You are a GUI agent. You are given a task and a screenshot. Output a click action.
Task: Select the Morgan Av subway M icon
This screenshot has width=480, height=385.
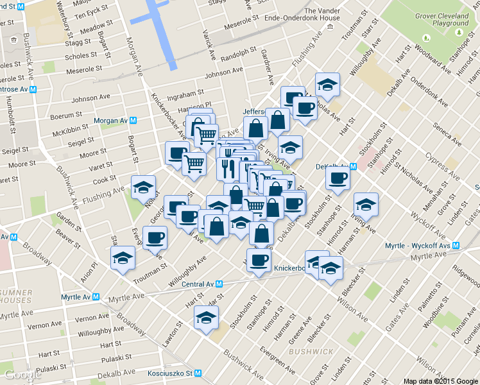[133, 121]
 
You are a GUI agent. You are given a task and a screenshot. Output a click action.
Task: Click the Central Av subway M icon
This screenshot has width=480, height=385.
[219, 284]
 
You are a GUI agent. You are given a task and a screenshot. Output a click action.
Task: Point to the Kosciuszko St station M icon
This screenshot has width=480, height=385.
[198, 373]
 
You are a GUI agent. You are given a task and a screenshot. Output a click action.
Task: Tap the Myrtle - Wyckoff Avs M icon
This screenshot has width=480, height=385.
[456, 246]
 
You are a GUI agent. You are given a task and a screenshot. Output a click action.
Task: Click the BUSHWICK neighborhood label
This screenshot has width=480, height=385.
[311, 352]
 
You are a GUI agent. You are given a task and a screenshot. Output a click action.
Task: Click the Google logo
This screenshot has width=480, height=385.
[22, 375]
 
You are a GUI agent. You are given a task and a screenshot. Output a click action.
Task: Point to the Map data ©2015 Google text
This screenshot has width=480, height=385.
[441, 381]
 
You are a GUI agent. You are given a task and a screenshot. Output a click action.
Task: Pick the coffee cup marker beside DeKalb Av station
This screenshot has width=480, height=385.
[338, 178]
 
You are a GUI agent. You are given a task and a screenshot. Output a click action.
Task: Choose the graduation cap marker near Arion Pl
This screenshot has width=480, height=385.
[123, 259]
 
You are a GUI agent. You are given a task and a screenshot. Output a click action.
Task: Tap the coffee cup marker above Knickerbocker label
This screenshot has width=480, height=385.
[259, 261]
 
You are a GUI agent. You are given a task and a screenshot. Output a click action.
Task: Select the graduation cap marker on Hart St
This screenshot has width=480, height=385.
[206, 318]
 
